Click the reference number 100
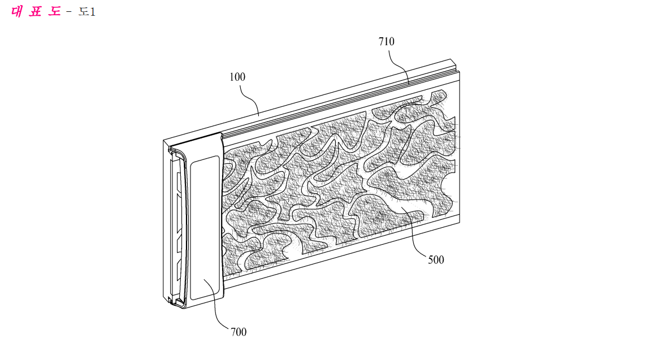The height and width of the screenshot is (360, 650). tap(237, 77)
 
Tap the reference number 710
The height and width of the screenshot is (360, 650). tap(387, 41)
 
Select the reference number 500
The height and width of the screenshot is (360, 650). tap(436, 260)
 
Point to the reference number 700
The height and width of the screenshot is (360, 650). tap(239, 332)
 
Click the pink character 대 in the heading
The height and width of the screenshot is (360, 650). tap(16, 11)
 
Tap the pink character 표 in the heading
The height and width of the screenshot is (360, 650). tap(36, 11)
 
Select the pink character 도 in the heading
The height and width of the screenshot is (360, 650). tap(55, 11)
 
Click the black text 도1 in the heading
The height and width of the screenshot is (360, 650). tap(87, 12)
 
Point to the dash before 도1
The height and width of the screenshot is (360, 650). tap(69, 12)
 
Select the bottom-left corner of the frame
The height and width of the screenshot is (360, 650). tap(164, 299)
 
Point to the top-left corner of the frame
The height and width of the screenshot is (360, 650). tap(163, 140)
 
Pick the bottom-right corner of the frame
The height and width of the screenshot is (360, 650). tap(460, 222)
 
